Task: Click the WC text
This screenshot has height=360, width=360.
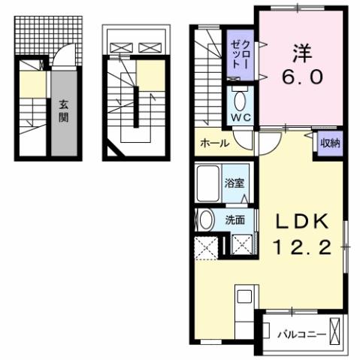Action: [241, 117]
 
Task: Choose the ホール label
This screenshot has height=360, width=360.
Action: [214, 144]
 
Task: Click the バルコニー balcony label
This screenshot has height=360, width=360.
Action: [298, 331]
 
